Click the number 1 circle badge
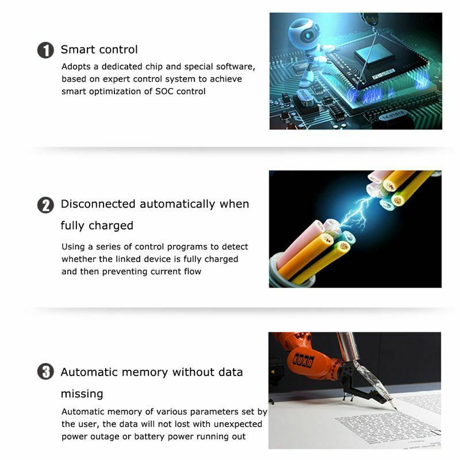[x=45, y=50]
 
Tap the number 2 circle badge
[x=45, y=205]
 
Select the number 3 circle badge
[x=45, y=371]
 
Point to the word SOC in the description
[x=164, y=91]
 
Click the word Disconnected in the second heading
[x=98, y=204]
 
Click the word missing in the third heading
[x=82, y=394]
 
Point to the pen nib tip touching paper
[x=396, y=409]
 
